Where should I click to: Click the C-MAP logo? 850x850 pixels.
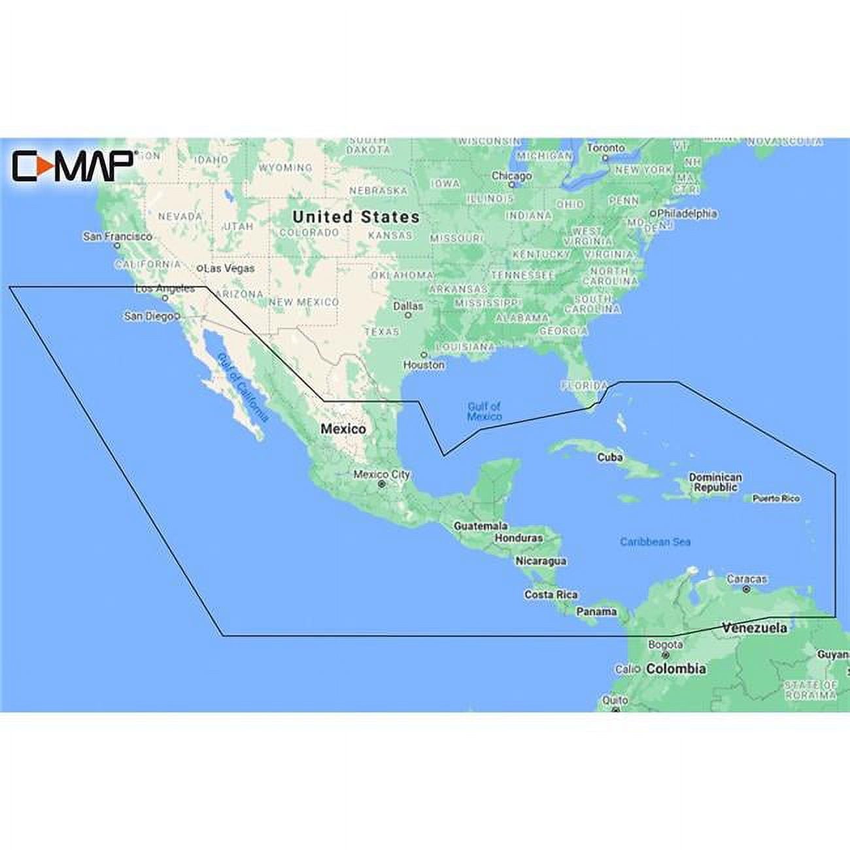click(x=73, y=166)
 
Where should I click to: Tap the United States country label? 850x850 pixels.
click(x=356, y=217)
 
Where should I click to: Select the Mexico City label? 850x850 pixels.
click(x=382, y=475)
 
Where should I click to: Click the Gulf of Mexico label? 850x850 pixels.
click(x=484, y=411)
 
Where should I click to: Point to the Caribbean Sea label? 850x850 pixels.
click(x=655, y=541)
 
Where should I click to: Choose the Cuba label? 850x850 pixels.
click(x=609, y=457)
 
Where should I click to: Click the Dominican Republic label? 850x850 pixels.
click(x=715, y=483)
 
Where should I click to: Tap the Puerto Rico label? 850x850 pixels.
click(x=775, y=498)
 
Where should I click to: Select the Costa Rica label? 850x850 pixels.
click(x=551, y=594)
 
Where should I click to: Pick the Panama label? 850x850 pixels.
click(x=596, y=612)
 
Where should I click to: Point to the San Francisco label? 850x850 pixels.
click(x=118, y=236)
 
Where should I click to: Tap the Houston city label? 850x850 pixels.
click(x=424, y=364)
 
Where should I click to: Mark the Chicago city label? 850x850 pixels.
click(x=511, y=176)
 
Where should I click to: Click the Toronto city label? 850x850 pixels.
click(x=605, y=148)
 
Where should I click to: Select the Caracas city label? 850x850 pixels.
click(x=747, y=579)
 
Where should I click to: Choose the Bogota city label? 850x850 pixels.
click(x=665, y=645)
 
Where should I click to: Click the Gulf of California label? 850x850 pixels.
click(x=242, y=386)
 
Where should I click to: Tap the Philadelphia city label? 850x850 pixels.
click(x=687, y=213)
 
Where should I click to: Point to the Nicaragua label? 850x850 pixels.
click(x=541, y=561)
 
